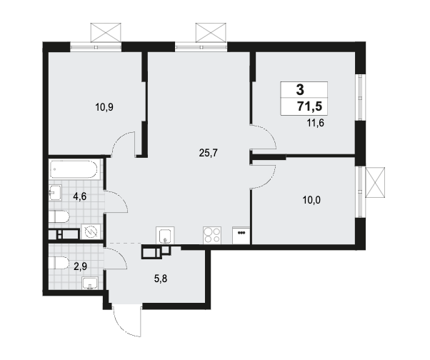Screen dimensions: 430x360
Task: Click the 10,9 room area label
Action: (104, 107)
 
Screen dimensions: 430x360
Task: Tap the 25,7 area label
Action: (208, 153)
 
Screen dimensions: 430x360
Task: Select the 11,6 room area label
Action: (316, 123)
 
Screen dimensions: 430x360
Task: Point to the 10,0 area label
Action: (311, 201)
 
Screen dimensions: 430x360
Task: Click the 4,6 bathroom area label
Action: (80, 196)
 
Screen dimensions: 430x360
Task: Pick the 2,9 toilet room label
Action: (80, 266)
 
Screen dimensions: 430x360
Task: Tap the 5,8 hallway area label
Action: (161, 279)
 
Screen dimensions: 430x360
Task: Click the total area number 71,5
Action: (309, 106)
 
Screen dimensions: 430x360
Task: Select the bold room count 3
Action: (300, 90)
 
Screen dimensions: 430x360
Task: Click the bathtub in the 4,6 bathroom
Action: (73, 169)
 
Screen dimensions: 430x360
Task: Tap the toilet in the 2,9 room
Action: (59, 263)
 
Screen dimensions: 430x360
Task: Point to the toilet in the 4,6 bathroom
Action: (59, 217)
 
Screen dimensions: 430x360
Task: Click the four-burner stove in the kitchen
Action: (213, 235)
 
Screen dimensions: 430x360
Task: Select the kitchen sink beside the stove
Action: (165, 235)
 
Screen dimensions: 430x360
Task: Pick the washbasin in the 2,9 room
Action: (90, 284)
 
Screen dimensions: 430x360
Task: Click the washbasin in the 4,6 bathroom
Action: (56, 192)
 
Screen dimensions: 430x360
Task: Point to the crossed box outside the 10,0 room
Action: (375, 182)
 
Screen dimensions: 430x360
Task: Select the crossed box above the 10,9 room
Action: (106, 32)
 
